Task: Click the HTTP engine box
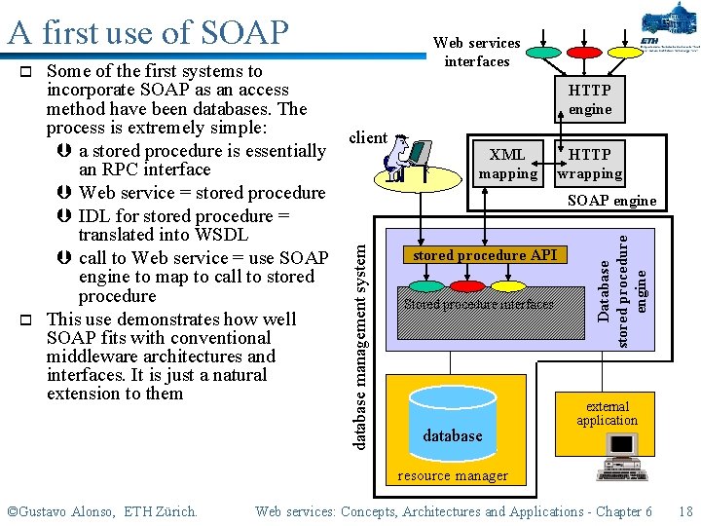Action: point(590,99)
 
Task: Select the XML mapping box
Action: point(507,164)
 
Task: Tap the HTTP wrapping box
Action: point(590,164)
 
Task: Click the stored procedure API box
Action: point(485,255)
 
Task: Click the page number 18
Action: point(685,511)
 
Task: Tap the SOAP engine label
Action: point(611,201)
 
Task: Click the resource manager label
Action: point(453,476)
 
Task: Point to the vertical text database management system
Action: point(360,332)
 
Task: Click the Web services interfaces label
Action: point(477,52)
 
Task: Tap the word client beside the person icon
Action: point(368,137)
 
